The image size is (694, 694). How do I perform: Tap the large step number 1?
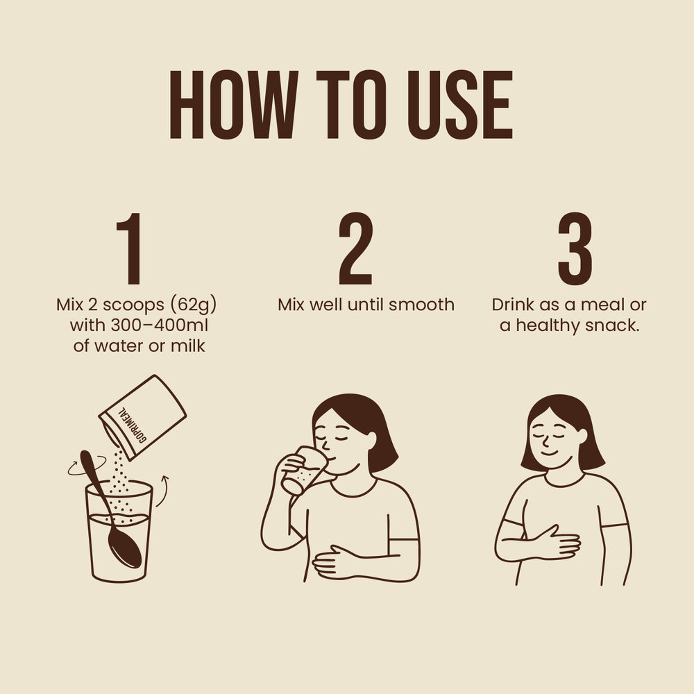129,248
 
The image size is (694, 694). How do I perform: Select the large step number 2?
355,248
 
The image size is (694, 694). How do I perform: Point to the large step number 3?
575,248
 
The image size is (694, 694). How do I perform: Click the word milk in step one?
187,345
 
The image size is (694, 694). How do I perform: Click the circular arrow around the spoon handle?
87,466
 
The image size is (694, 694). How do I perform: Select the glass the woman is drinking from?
302,470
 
